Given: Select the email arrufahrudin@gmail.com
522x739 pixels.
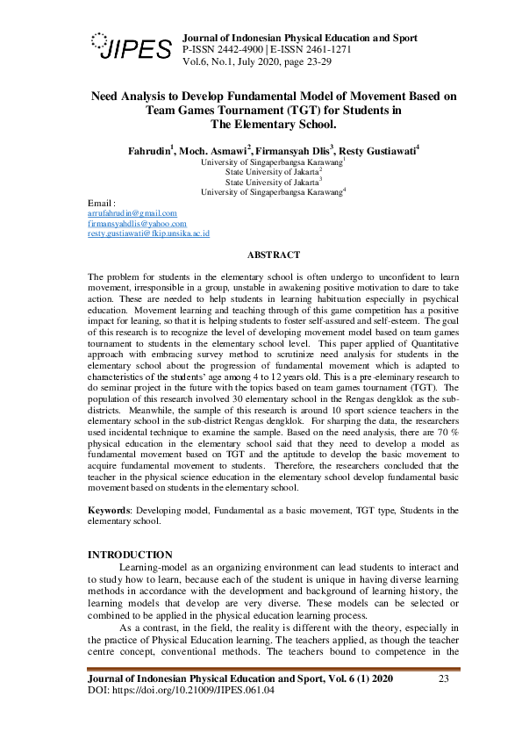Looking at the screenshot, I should click(x=132, y=213).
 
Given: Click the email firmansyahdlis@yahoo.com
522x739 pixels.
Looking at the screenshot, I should click(x=137, y=224).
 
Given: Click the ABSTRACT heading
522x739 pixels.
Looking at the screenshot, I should click(x=273, y=255).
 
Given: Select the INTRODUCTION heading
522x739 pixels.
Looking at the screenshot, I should click(x=131, y=555).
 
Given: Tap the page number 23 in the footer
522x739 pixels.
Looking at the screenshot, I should click(x=443, y=679).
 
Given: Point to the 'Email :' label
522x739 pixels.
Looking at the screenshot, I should click(x=103, y=203).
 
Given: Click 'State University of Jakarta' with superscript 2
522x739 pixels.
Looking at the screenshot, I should click(x=271, y=172).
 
